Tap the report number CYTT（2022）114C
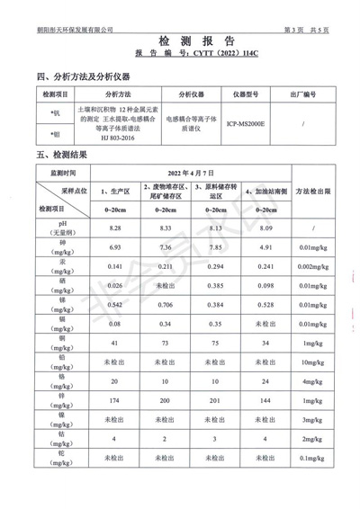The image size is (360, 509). coord(220,54)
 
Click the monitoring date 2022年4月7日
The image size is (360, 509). coord(188,171)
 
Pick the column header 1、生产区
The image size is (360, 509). coord(114,192)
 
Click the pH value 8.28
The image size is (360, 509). coord(114,229)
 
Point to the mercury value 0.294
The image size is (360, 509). coord(215,267)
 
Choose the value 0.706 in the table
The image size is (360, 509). coord(165,305)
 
